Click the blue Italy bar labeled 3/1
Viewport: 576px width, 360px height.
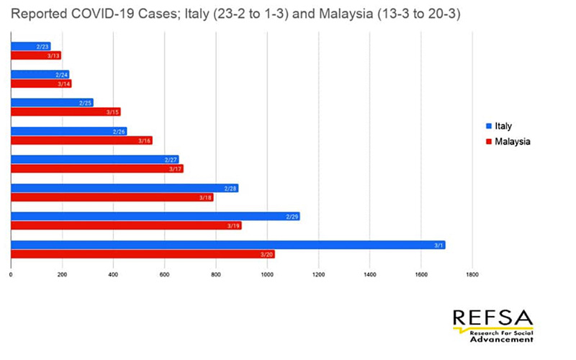(x=228, y=245)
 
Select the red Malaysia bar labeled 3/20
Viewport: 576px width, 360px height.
(x=143, y=254)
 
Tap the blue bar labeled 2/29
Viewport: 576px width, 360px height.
(x=155, y=216)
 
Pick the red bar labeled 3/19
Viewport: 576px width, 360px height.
(x=126, y=225)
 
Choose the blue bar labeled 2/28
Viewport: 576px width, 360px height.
(x=124, y=188)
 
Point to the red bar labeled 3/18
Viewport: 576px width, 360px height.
(x=112, y=197)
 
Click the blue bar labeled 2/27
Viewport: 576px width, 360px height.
(x=94, y=159)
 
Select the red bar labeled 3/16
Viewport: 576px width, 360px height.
(x=81, y=140)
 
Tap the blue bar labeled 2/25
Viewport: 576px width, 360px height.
(x=52, y=102)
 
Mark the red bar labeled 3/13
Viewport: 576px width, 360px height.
(x=35, y=55)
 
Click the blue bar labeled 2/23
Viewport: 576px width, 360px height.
(x=30, y=46)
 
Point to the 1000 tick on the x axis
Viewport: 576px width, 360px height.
(x=267, y=274)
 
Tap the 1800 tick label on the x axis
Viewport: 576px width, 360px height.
(x=472, y=274)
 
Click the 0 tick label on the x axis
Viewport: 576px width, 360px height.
(x=12, y=274)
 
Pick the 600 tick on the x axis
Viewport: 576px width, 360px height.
(x=165, y=274)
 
